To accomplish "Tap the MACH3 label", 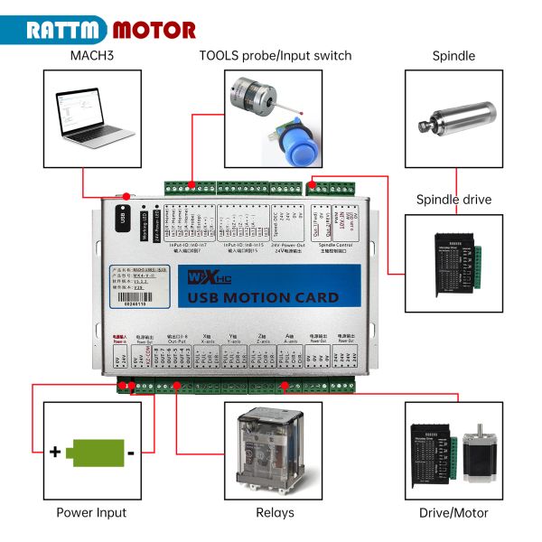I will pyautogui.click(x=92, y=56).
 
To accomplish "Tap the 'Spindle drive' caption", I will pyautogui.click(x=453, y=199).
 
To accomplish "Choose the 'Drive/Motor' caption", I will pyautogui.click(x=453, y=513).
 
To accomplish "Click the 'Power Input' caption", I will pyautogui.click(x=92, y=513).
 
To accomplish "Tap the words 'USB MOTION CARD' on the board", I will pyautogui.click(x=270, y=297).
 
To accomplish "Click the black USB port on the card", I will pyautogui.click(x=122, y=218).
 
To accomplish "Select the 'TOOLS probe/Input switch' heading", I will pyautogui.click(x=276, y=56).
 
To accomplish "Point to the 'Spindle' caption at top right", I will pyautogui.click(x=453, y=56).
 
